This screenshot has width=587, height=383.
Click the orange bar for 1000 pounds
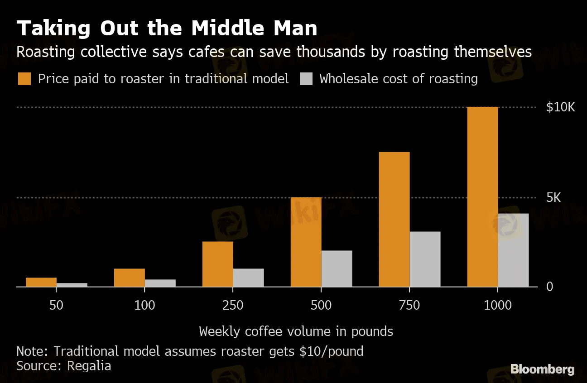coord(482,197)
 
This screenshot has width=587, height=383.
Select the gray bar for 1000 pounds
coord(513,250)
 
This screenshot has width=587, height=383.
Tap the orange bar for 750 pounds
coord(394,220)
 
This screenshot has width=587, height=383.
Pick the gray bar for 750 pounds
coord(425,259)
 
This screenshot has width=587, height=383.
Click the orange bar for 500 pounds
coord(306,242)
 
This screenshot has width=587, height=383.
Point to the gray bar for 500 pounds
coord(337,268)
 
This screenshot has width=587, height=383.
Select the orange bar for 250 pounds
coord(217,264)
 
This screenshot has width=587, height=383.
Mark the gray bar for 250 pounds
coord(248,278)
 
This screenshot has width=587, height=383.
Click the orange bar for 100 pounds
coord(129,278)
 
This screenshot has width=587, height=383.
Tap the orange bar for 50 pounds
coord(41,282)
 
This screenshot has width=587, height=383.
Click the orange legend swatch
coord(24,79)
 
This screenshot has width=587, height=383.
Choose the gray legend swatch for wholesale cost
coord(306,79)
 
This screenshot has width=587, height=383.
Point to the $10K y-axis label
coord(560,107)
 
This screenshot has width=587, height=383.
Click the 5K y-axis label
coord(553,198)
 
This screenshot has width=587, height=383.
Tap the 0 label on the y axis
coord(549,287)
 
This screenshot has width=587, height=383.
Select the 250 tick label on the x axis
coord(233,305)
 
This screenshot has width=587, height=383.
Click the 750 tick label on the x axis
coord(409,305)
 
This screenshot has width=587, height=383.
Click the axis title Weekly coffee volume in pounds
coord(296,331)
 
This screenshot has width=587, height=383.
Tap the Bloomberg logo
coord(542,369)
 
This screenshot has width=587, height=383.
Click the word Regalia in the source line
coord(89,366)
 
